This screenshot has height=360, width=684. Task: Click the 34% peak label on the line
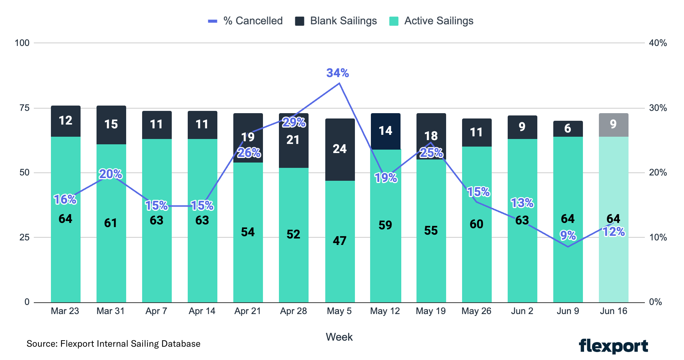pyautogui.click(x=337, y=73)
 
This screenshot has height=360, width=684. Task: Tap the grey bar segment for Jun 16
pyautogui.click(x=613, y=125)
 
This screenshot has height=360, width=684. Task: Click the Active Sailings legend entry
pyautogui.click(x=431, y=21)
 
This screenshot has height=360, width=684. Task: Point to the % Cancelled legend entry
pyautogui.click(x=245, y=21)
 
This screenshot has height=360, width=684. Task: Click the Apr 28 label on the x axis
pyautogui.click(x=293, y=311)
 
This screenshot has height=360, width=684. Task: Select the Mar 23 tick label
pyautogui.click(x=65, y=311)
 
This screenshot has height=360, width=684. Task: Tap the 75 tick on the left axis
pyautogui.click(x=24, y=108)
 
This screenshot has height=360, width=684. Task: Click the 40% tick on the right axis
pyautogui.click(x=658, y=43)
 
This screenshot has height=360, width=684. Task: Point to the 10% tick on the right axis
pyautogui.click(x=658, y=237)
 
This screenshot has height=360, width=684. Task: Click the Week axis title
pyautogui.click(x=339, y=337)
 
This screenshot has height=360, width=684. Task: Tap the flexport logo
pyautogui.click(x=613, y=346)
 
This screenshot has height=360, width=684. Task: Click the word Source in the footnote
pyautogui.click(x=42, y=344)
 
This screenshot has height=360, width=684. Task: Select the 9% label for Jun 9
pyautogui.click(x=568, y=235)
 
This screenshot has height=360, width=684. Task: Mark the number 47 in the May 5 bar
pyautogui.click(x=340, y=241)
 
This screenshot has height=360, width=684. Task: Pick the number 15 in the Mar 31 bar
pyautogui.click(x=111, y=124)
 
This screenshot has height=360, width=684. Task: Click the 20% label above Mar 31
pyautogui.click(x=111, y=174)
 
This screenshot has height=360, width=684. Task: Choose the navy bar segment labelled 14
pyautogui.click(x=385, y=131)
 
